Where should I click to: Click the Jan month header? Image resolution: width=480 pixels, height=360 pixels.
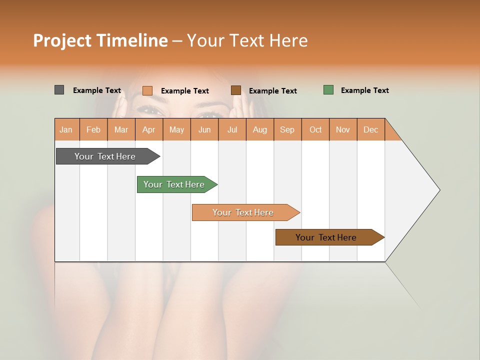(x=66, y=129)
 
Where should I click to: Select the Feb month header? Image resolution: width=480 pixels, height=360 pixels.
(x=93, y=129)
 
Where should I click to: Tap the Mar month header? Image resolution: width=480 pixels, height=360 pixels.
(x=121, y=129)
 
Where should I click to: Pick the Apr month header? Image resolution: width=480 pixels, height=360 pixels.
(x=149, y=129)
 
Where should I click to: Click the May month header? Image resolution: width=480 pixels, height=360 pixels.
(x=176, y=129)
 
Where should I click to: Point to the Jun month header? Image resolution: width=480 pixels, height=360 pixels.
(x=204, y=129)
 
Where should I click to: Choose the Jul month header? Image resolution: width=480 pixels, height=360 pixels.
(x=232, y=129)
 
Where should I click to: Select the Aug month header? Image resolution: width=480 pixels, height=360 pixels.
(x=260, y=129)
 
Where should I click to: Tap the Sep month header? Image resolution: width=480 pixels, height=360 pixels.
(x=287, y=129)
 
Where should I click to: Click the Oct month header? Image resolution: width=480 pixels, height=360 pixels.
(x=315, y=129)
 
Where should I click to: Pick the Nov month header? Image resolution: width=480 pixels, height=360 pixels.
(x=343, y=129)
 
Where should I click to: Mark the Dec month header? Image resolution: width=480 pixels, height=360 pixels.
(x=371, y=129)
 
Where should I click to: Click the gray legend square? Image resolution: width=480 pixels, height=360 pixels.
(x=59, y=90)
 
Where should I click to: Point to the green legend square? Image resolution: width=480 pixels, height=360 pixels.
(x=328, y=90)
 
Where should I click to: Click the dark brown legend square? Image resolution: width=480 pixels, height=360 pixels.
(x=236, y=90)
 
